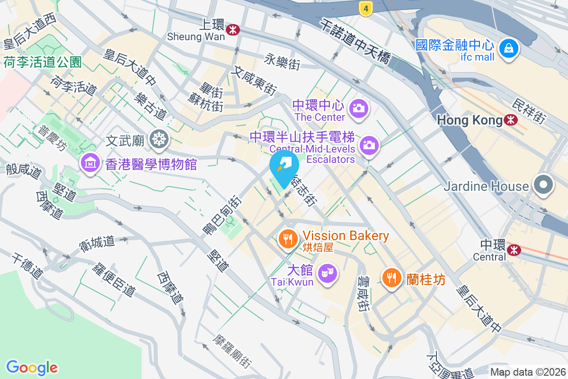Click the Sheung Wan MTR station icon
tap(232, 30)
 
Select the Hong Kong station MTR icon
tap(511, 120)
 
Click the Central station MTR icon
tap(513, 249)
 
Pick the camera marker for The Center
tap(359, 108)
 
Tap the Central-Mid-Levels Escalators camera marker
tap(369, 145)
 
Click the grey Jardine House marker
tap(543, 185)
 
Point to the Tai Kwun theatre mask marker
tap(327, 273)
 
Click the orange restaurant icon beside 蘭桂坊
tap(391, 278)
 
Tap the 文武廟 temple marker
tap(158, 139)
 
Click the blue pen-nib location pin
tap(284, 168)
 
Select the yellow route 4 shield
tap(365, 8)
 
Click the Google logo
tap(32, 368)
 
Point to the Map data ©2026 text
tap(527, 372)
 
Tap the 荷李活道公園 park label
tap(43, 62)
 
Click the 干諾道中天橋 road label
tap(355, 42)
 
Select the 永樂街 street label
tap(282, 61)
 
